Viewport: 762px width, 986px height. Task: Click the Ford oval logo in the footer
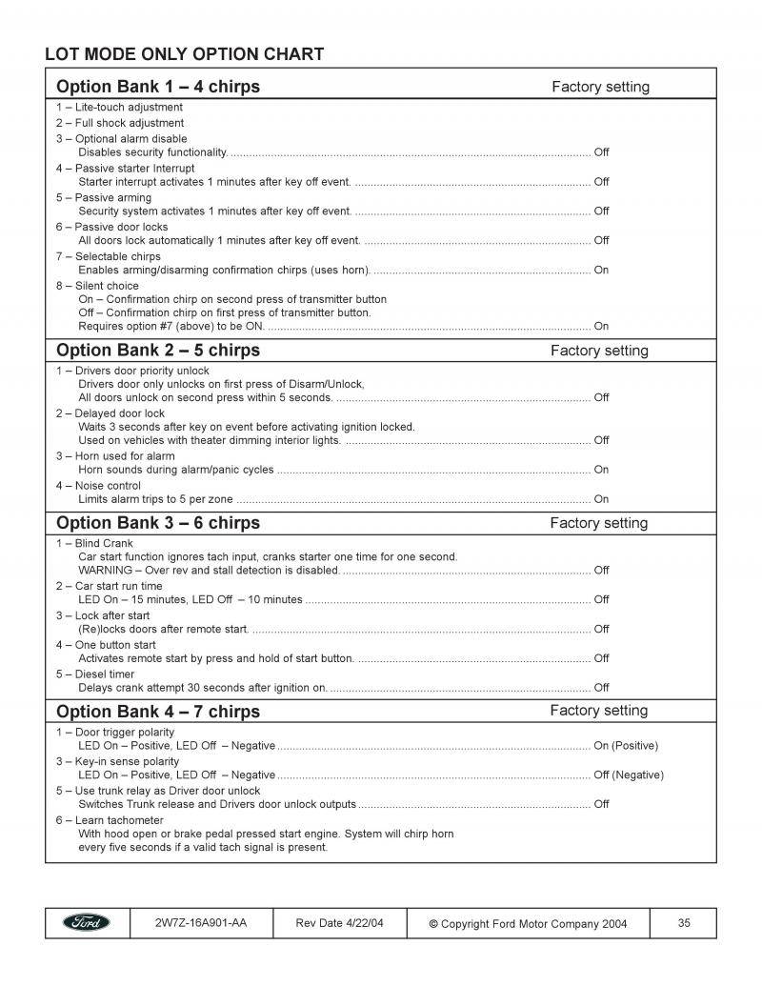(x=87, y=922)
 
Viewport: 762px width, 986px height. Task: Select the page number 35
(x=684, y=922)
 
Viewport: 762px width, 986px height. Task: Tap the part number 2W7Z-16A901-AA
(x=200, y=922)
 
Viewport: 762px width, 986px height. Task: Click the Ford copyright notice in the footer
(x=528, y=923)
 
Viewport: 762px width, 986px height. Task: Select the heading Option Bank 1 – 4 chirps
(x=158, y=87)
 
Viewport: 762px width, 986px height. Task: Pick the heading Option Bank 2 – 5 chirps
(x=158, y=350)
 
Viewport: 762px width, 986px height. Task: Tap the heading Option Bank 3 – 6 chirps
(x=158, y=522)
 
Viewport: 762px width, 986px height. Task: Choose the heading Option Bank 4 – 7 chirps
(x=158, y=711)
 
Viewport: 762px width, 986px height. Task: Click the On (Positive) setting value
(x=626, y=746)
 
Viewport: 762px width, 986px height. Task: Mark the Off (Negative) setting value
(x=629, y=775)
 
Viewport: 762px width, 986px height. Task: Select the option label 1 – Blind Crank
(x=94, y=543)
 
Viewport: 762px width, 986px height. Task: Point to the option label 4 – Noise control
(x=98, y=486)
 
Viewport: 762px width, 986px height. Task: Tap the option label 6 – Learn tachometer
(x=110, y=820)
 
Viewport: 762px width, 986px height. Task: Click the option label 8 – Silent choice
(x=97, y=286)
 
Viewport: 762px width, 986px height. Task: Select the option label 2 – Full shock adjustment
(x=120, y=123)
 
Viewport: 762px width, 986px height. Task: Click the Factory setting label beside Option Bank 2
(x=599, y=351)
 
